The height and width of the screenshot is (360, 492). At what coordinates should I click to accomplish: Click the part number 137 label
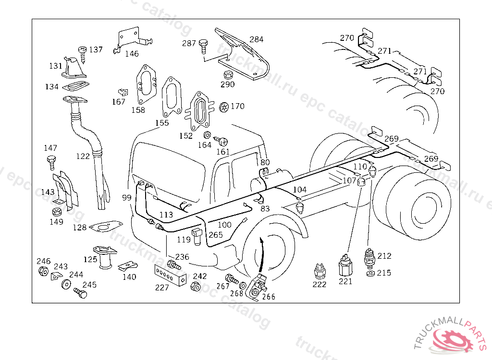coord(96,49)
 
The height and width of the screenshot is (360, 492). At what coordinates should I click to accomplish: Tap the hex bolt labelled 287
coord(203,46)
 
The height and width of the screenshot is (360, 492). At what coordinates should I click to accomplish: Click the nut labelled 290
coord(228,75)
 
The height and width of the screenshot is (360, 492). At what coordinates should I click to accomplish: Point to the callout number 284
coord(256,39)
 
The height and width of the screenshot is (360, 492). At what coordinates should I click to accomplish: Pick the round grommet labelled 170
coord(223,107)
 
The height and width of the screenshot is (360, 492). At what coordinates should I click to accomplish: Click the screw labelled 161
coord(222,142)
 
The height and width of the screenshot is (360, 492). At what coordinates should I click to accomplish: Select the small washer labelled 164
coord(207,135)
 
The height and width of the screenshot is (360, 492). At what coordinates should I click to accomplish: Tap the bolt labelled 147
coord(51,161)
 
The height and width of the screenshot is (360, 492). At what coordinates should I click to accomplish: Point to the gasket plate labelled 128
coord(106,226)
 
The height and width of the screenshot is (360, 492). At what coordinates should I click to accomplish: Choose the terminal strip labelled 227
coord(169,276)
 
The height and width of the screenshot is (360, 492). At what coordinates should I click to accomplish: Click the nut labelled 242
coord(196,287)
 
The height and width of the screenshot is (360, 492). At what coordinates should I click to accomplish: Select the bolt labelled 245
coord(80,292)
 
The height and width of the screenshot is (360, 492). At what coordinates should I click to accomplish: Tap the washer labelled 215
coord(370,273)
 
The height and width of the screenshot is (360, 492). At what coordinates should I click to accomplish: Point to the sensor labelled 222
coord(319,272)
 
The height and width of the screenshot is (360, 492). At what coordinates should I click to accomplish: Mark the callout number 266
coord(269,297)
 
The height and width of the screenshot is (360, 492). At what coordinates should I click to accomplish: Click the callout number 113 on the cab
coord(166,215)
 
